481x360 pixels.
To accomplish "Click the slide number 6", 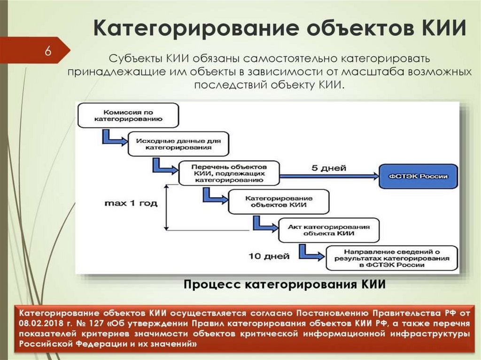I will tap(48, 51).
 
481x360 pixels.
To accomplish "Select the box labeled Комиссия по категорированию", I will tap(128, 115).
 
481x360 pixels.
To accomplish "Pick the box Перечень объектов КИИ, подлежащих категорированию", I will tap(229, 173).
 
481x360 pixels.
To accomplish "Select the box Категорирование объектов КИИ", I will tap(276, 201).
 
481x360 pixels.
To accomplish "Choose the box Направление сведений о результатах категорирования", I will tap(391, 258).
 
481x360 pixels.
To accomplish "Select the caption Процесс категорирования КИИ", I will tap(284, 284).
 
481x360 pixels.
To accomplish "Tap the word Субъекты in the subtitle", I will tap(135, 60).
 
